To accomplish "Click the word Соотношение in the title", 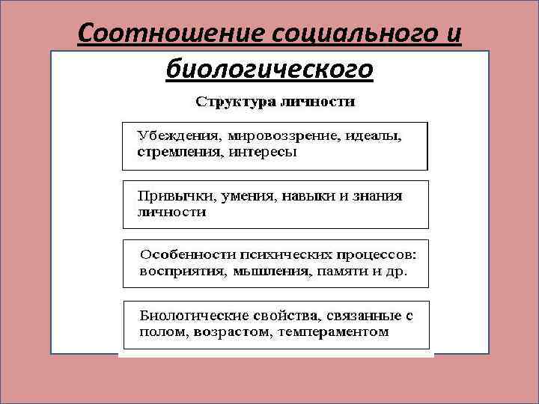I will point(173,34).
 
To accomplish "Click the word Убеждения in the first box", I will point(176,136).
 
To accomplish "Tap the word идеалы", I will point(371,136).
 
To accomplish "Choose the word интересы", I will point(263,152).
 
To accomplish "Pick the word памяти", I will point(341,272).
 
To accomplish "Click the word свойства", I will point(286,314).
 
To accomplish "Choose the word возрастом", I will point(225,331).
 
